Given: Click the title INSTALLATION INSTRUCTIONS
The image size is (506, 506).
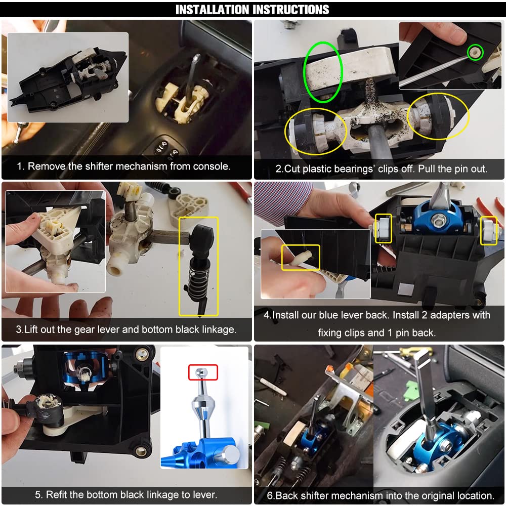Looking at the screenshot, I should [252, 10].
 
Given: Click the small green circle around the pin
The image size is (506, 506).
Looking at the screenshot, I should [475, 52].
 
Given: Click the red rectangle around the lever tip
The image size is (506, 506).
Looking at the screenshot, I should [202, 372].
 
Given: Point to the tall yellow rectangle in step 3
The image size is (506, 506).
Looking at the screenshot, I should [198, 266].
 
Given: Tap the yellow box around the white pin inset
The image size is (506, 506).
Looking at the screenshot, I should [301, 257].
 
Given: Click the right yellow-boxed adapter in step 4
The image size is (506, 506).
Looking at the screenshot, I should [488, 230].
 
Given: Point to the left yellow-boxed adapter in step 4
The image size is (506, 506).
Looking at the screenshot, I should [383, 227].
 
